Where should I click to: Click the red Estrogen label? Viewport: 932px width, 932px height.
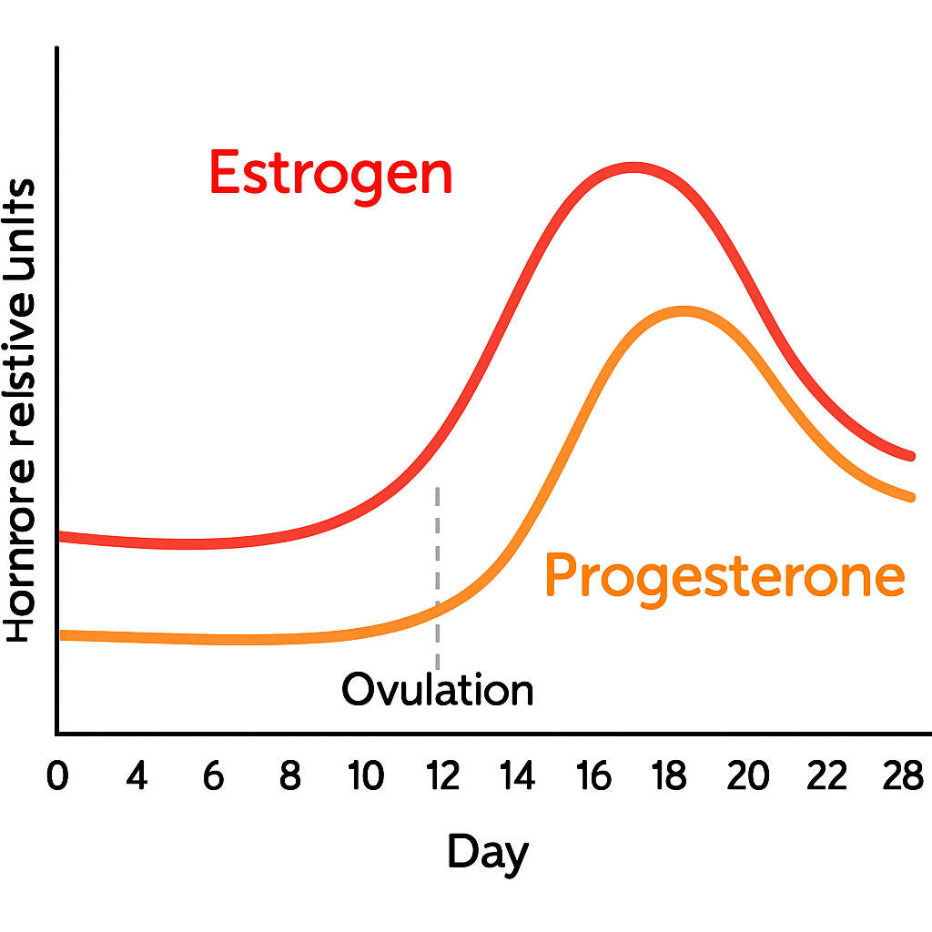tap(330, 173)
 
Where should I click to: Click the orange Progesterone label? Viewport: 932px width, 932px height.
tap(724, 576)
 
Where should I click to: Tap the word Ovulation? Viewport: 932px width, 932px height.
tap(437, 690)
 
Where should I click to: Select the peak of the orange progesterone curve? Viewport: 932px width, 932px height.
tap(683, 312)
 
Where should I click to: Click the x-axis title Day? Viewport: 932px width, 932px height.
tap(487, 853)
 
